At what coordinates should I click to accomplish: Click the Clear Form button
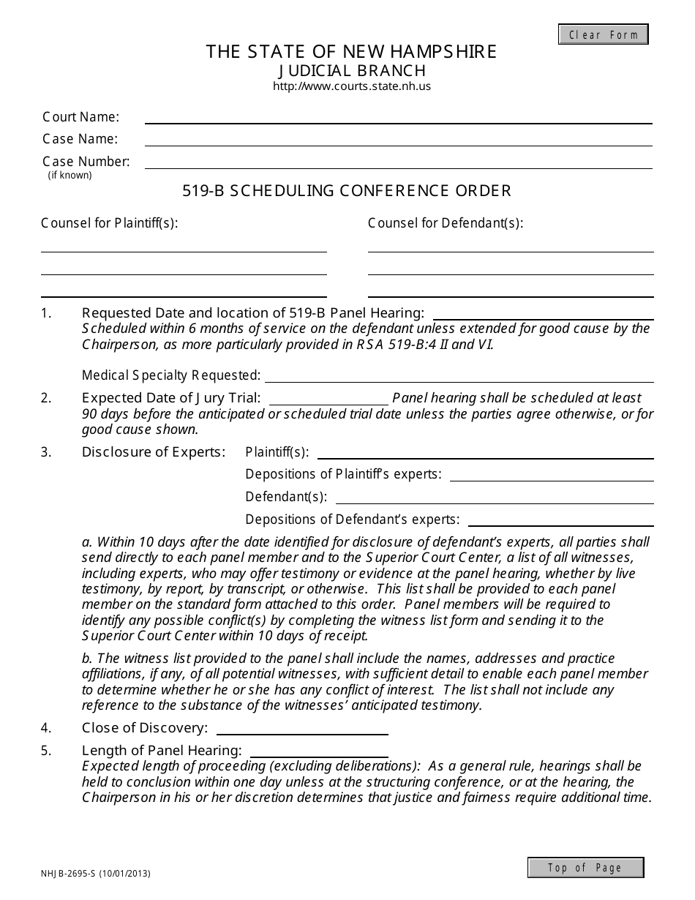pos(603,34)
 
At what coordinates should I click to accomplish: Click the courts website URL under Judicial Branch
pos(351,86)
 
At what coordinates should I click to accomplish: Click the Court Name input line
pos(398,117)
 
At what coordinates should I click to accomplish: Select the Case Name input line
pos(398,139)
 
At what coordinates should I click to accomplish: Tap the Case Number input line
pos(398,162)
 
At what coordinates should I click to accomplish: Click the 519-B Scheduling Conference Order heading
pos(347,191)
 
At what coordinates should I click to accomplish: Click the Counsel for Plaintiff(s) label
pos(110,223)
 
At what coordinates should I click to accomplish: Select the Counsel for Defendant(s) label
pos(445,223)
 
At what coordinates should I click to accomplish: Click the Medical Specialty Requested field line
pos(459,375)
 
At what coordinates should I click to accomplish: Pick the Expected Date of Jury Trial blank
pos(329,398)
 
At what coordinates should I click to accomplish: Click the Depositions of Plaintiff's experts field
pos(552,474)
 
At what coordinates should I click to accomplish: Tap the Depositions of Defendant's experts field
pos(560,520)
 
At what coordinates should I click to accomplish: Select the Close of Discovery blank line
pos(302,728)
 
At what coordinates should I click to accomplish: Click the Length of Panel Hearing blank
pos(319,751)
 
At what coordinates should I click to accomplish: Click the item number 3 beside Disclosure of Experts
pos(46,452)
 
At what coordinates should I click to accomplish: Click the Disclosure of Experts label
pos(154,452)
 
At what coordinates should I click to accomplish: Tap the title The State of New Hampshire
pos(351,52)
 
